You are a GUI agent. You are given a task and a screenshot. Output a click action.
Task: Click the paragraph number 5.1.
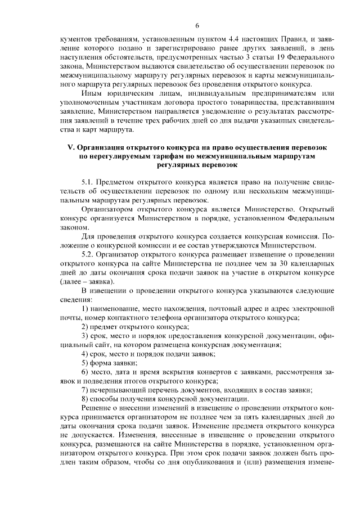pyautogui.click(x=89, y=182)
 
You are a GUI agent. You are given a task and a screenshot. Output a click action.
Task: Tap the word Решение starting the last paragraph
pyautogui.click(x=97, y=407)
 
